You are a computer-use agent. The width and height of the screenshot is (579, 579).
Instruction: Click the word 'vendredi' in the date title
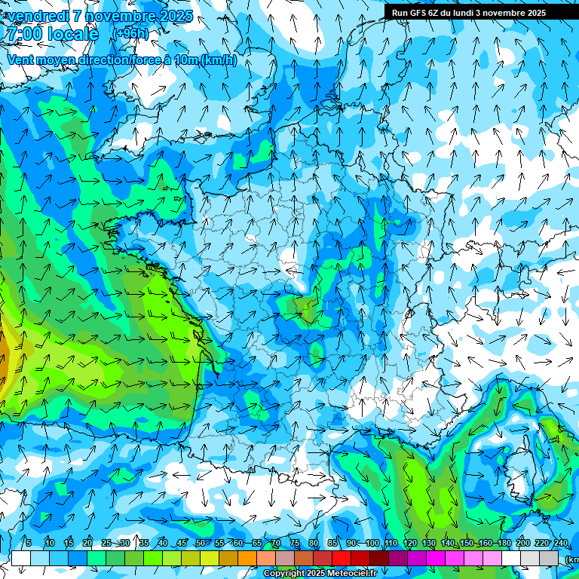38,17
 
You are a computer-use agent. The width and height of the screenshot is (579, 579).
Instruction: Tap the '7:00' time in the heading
22,34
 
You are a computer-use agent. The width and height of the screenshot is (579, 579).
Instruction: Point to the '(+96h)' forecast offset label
130,34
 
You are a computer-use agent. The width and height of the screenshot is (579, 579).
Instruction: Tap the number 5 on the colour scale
29,544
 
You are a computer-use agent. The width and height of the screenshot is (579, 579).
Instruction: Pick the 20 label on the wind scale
87,544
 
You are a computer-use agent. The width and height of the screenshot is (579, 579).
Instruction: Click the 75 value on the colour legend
295,544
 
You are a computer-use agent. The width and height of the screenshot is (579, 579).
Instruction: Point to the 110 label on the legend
391,544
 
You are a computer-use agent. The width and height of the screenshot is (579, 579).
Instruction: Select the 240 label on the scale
560,544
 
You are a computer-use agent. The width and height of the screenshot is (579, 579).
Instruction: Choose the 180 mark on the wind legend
504,544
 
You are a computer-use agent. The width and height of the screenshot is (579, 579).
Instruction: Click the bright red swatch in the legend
342,559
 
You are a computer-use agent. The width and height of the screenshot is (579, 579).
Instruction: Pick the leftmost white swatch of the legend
21,559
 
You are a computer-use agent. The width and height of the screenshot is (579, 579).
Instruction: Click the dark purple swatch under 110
398,559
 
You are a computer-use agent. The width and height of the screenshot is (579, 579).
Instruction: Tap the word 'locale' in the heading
73,34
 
